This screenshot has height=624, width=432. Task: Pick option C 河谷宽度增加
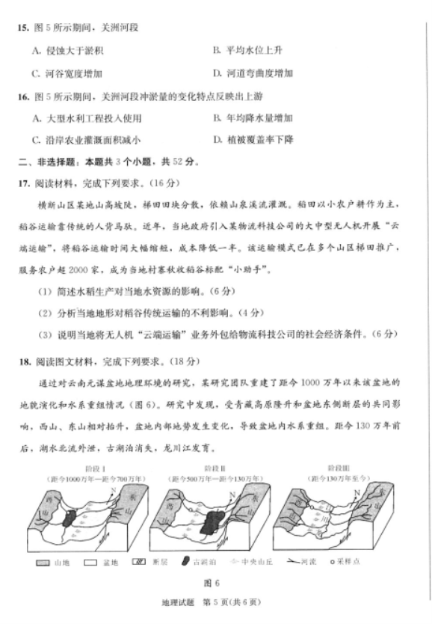click(67, 73)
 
